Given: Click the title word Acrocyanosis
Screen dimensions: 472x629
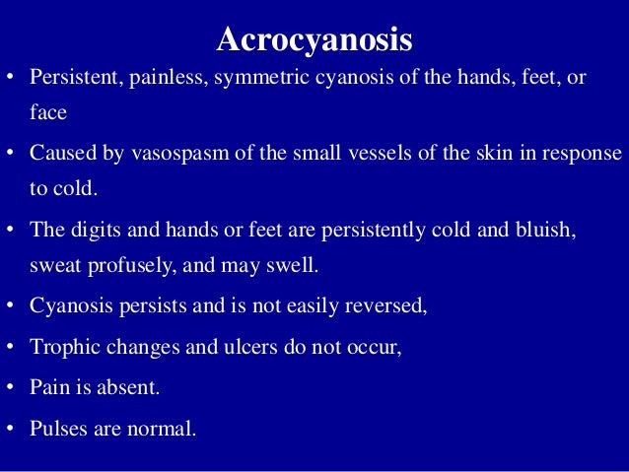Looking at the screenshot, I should click(314, 40).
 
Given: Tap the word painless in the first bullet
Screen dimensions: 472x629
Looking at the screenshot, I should click(163, 78).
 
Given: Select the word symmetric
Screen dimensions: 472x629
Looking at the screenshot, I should click(253, 78).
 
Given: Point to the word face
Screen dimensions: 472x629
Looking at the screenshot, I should click(47, 113).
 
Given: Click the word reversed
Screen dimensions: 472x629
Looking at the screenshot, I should click(390, 305).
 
